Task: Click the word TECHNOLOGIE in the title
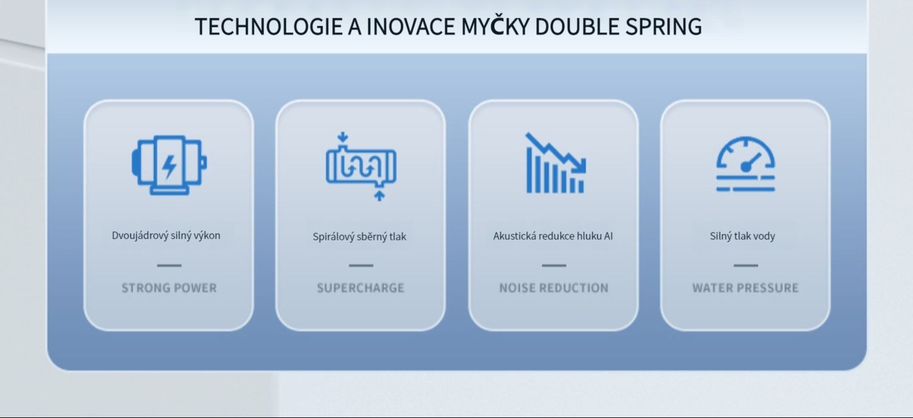pos(268,27)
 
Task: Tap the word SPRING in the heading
pos(663,27)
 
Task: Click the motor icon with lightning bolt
pos(169,165)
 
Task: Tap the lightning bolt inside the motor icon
pos(169,166)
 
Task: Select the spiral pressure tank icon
pos(361,167)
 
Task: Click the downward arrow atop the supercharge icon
pos(343,137)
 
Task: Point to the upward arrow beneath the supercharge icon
pos(379,196)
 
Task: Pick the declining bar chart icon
pos(556,162)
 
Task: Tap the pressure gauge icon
pos(746,164)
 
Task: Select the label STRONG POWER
pos(169,288)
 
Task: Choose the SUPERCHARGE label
pos(361,288)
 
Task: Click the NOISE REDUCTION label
pos(554,288)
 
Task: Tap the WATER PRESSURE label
pos(746,288)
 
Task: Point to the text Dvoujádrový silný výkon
pos(166,235)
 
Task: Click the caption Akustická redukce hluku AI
pos(553,236)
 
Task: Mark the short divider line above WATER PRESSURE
pos(746,265)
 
